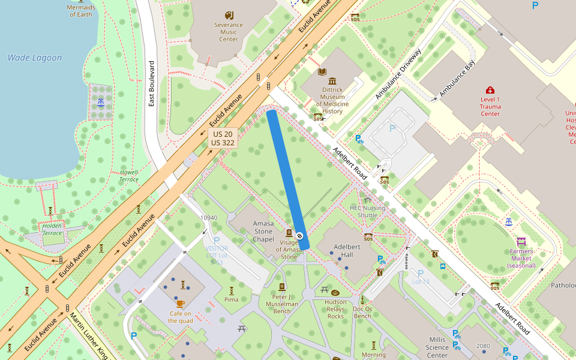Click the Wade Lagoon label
tap(35, 58)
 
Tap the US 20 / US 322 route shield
tap(223, 139)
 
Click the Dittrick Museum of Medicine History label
tap(332, 100)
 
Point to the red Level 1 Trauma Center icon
tap(490, 90)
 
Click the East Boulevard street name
tap(152, 83)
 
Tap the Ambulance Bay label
tap(457, 79)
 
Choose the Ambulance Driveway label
tap(399, 74)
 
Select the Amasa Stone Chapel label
tap(263, 231)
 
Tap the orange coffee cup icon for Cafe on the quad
tap(180, 304)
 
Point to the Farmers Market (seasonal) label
tap(521, 259)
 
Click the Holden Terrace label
tap(52, 229)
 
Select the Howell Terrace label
tap(128, 176)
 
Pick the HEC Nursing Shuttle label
tap(367, 211)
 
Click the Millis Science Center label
tap(437, 347)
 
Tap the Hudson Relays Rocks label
tap(335, 309)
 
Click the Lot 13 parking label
tap(421, 281)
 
